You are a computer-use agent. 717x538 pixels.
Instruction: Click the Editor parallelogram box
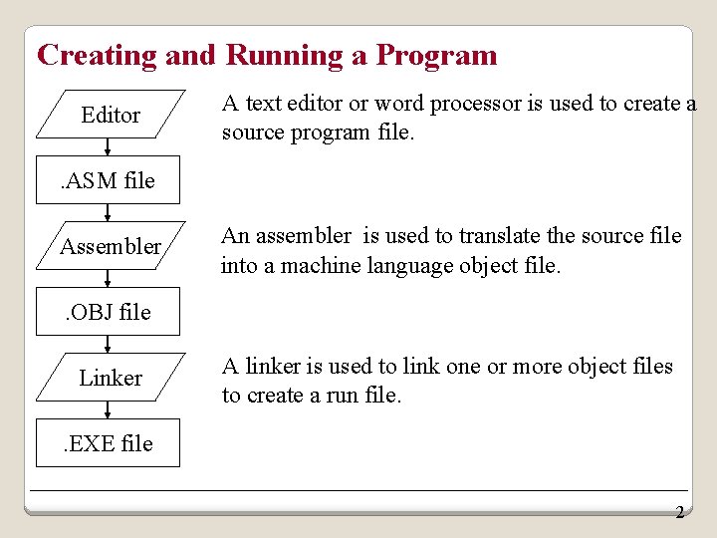tap(110, 116)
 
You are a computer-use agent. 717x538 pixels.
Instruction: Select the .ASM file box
tap(109, 180)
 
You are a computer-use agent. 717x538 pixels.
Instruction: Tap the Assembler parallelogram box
tap(110, 246)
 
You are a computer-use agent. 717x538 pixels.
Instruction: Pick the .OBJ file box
tap(109, 312)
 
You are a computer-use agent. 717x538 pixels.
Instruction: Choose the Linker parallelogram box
tap(110, 378)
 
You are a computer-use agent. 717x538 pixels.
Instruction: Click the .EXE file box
tap(109, 443)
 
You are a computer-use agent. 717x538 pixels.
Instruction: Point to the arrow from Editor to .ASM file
tap(109, 147)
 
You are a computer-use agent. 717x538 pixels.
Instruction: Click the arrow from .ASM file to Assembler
tap(109, 212)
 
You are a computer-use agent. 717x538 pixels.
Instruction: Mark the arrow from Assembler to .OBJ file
tap(109, 279)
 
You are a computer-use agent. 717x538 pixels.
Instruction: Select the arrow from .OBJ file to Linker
tap(109, 344)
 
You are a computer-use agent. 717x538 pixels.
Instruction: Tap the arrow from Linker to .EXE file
tap(109, 409)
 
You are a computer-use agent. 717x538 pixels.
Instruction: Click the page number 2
tap(679, 513)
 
